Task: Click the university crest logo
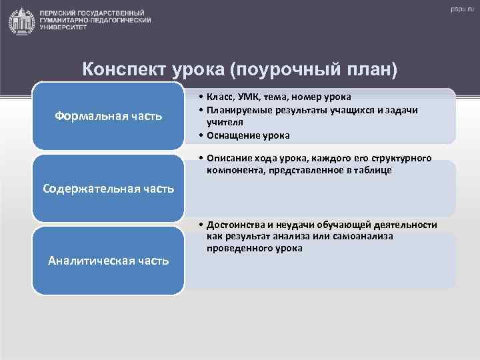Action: (x=21, y=21)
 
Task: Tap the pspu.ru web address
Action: (x=459, y=9)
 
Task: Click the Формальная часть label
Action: (x=108, y=117)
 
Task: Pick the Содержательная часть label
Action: (x=108, y=188)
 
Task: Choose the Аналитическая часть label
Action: (x=108, y=260)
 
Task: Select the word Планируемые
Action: (x=237, y=110)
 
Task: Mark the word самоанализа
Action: (x=364, y=236)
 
